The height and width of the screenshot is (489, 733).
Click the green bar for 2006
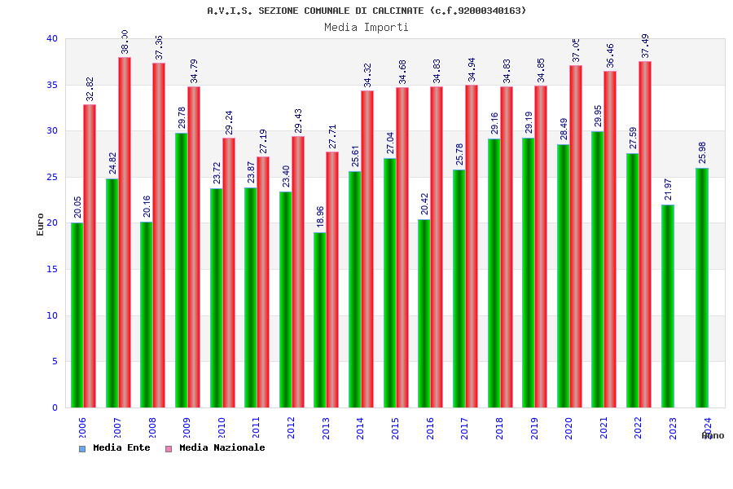(x=77, y=315)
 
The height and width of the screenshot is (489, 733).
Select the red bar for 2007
(x=125, y=232)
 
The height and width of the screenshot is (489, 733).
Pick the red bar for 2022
(x=645, y=234)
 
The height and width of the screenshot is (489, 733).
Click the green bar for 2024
(x=702, y=288)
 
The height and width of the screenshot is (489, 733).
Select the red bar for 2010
(x=229, y=272)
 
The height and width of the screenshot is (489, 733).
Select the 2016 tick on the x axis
(x=430, y=428)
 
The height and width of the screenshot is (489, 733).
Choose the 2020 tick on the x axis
(x=568, y=428)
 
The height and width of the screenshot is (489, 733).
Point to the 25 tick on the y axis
(x=52, y=177)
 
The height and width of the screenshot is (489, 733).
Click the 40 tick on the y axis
(x=52, y=38)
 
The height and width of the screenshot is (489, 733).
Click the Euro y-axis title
(x=41, y=224)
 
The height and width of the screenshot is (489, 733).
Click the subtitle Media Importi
(x=366, y=27)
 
